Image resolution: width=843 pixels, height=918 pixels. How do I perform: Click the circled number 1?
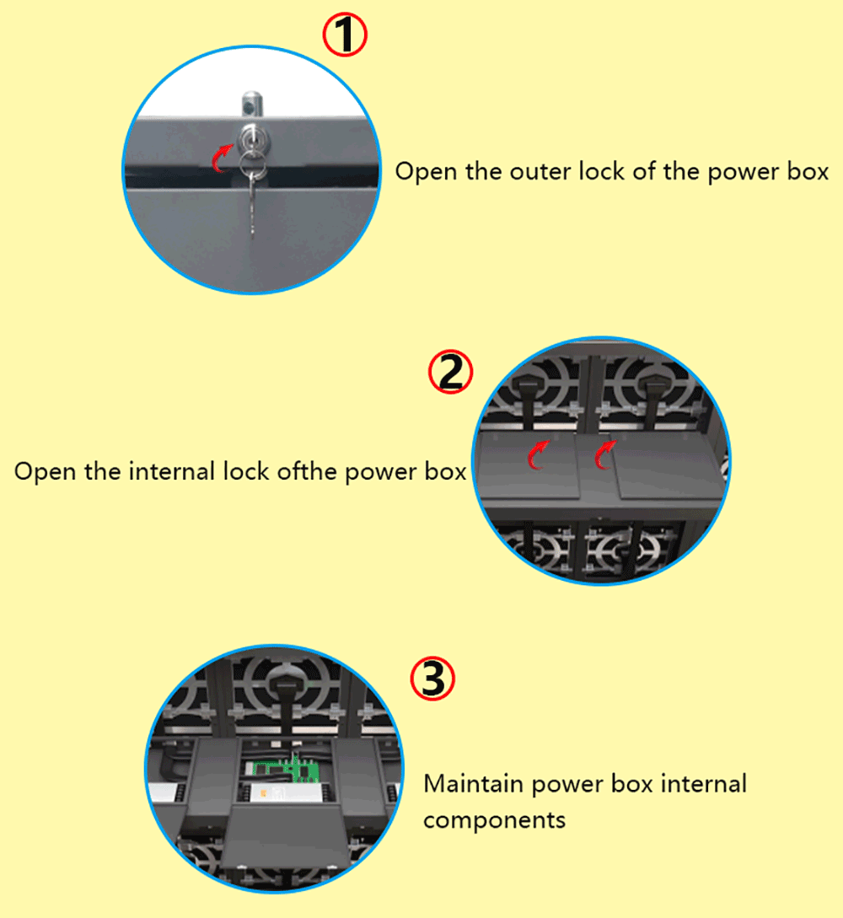click(x=345, y=35)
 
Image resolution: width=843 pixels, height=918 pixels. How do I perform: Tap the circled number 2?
click(x=450, y=372)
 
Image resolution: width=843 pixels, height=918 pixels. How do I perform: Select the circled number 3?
click(x=432, y=679)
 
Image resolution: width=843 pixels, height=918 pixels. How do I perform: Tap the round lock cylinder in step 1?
click(x=254, y=140)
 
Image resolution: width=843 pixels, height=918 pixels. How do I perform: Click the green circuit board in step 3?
click(x=287, y=770)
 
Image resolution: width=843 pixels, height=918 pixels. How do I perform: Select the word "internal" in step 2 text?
click(x=171, y=471)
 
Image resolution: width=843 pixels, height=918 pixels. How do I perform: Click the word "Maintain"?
click(x=473, y=783)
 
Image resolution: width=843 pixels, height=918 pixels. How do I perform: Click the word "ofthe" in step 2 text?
click(x=306, y=471)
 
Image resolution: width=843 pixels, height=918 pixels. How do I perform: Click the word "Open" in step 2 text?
click(x=45, y=472)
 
